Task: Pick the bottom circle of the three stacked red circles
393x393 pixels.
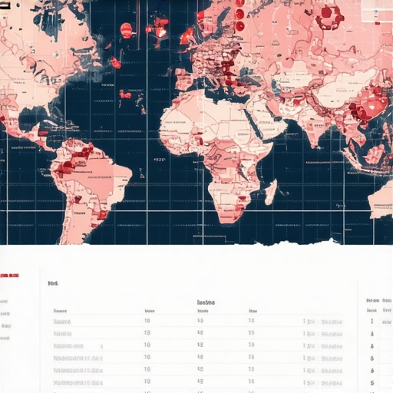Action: pos(239,26)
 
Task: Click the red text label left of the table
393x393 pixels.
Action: pos(9,274)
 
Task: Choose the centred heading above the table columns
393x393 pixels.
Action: pos(206,302)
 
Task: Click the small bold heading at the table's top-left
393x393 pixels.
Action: pos(52,283)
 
